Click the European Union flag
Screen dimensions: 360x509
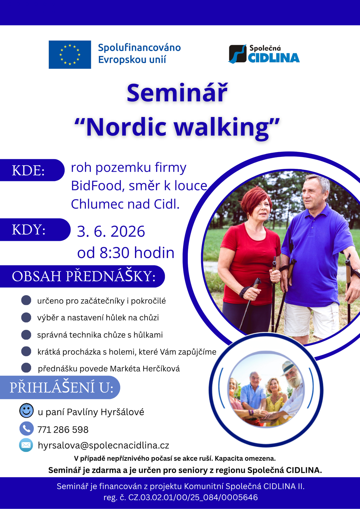coord(70,54)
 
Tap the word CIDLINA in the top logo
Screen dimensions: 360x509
coord(274,58)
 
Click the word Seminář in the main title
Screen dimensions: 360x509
coord(177,93)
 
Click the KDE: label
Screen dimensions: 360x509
coord(28,170)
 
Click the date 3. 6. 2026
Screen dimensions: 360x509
coord(111,231)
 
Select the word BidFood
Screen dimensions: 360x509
coord(98,185)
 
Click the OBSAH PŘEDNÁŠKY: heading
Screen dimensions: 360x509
coord(84,276)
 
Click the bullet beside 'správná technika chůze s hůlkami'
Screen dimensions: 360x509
coord(26,335)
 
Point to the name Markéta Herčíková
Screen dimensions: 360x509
coord(145,369)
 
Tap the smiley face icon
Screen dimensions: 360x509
coord(26,411)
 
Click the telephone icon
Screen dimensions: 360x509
coord(26,428)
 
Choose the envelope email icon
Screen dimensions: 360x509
coord(26,445)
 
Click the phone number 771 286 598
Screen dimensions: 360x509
coord(63,429)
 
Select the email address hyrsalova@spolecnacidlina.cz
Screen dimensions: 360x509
coord(103,445)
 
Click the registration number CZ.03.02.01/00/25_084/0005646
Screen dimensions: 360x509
coord(193,498)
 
